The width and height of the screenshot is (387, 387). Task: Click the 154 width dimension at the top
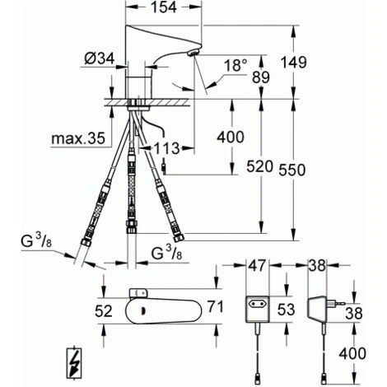[164, 7]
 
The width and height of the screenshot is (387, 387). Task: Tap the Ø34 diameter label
[100, 58]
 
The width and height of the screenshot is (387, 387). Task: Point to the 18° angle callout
[235, 65]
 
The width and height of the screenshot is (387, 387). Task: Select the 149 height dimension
[294, 63]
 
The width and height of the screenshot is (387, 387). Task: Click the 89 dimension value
[261, 77]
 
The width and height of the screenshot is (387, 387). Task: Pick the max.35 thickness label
[78, 138]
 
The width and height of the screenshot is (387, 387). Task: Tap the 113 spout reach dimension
[166, 148]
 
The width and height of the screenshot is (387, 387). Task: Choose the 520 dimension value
[259, 166]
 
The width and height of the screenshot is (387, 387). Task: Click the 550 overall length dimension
[292, 170]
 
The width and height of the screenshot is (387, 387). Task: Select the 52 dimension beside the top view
[104, 311]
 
